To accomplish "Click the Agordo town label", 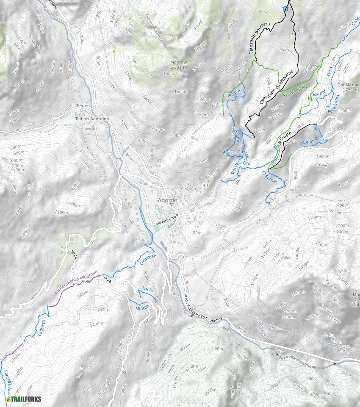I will click(x=167, y=200).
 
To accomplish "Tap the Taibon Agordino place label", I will click(x=92, y=119).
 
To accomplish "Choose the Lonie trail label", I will click(x=147, y=290).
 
